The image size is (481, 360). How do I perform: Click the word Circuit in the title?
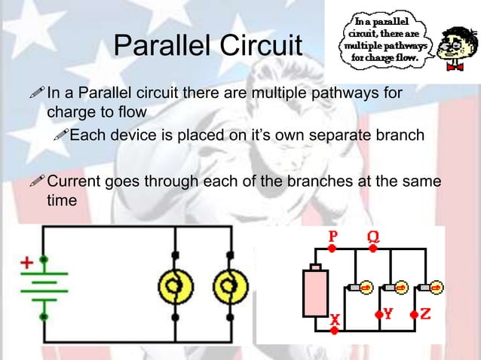coord(262,47)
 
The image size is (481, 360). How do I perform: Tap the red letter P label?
coord(333,236)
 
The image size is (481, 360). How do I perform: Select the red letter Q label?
coord(372,236)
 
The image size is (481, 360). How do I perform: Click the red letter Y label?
coord(388,315)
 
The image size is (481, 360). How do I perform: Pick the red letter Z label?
coord(425,314)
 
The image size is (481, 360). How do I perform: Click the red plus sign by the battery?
coord(27,264)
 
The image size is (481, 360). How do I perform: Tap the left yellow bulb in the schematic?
coord(176,286)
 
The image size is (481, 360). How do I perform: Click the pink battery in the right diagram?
coord(316,291)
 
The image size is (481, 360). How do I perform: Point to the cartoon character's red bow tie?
coord(455,66)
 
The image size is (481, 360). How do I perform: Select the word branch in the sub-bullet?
coord(403,136)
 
